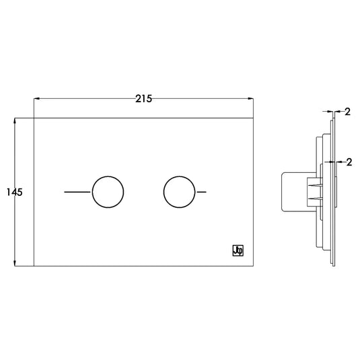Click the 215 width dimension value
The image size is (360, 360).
[143, 99]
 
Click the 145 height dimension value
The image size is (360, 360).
[14, 192]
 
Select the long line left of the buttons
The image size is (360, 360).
[77, 192]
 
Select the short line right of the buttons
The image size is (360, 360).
[202, 192]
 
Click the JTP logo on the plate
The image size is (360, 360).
[238, 250]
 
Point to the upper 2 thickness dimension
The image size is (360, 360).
[348, 112]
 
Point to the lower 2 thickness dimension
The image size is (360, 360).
[349, 162]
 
